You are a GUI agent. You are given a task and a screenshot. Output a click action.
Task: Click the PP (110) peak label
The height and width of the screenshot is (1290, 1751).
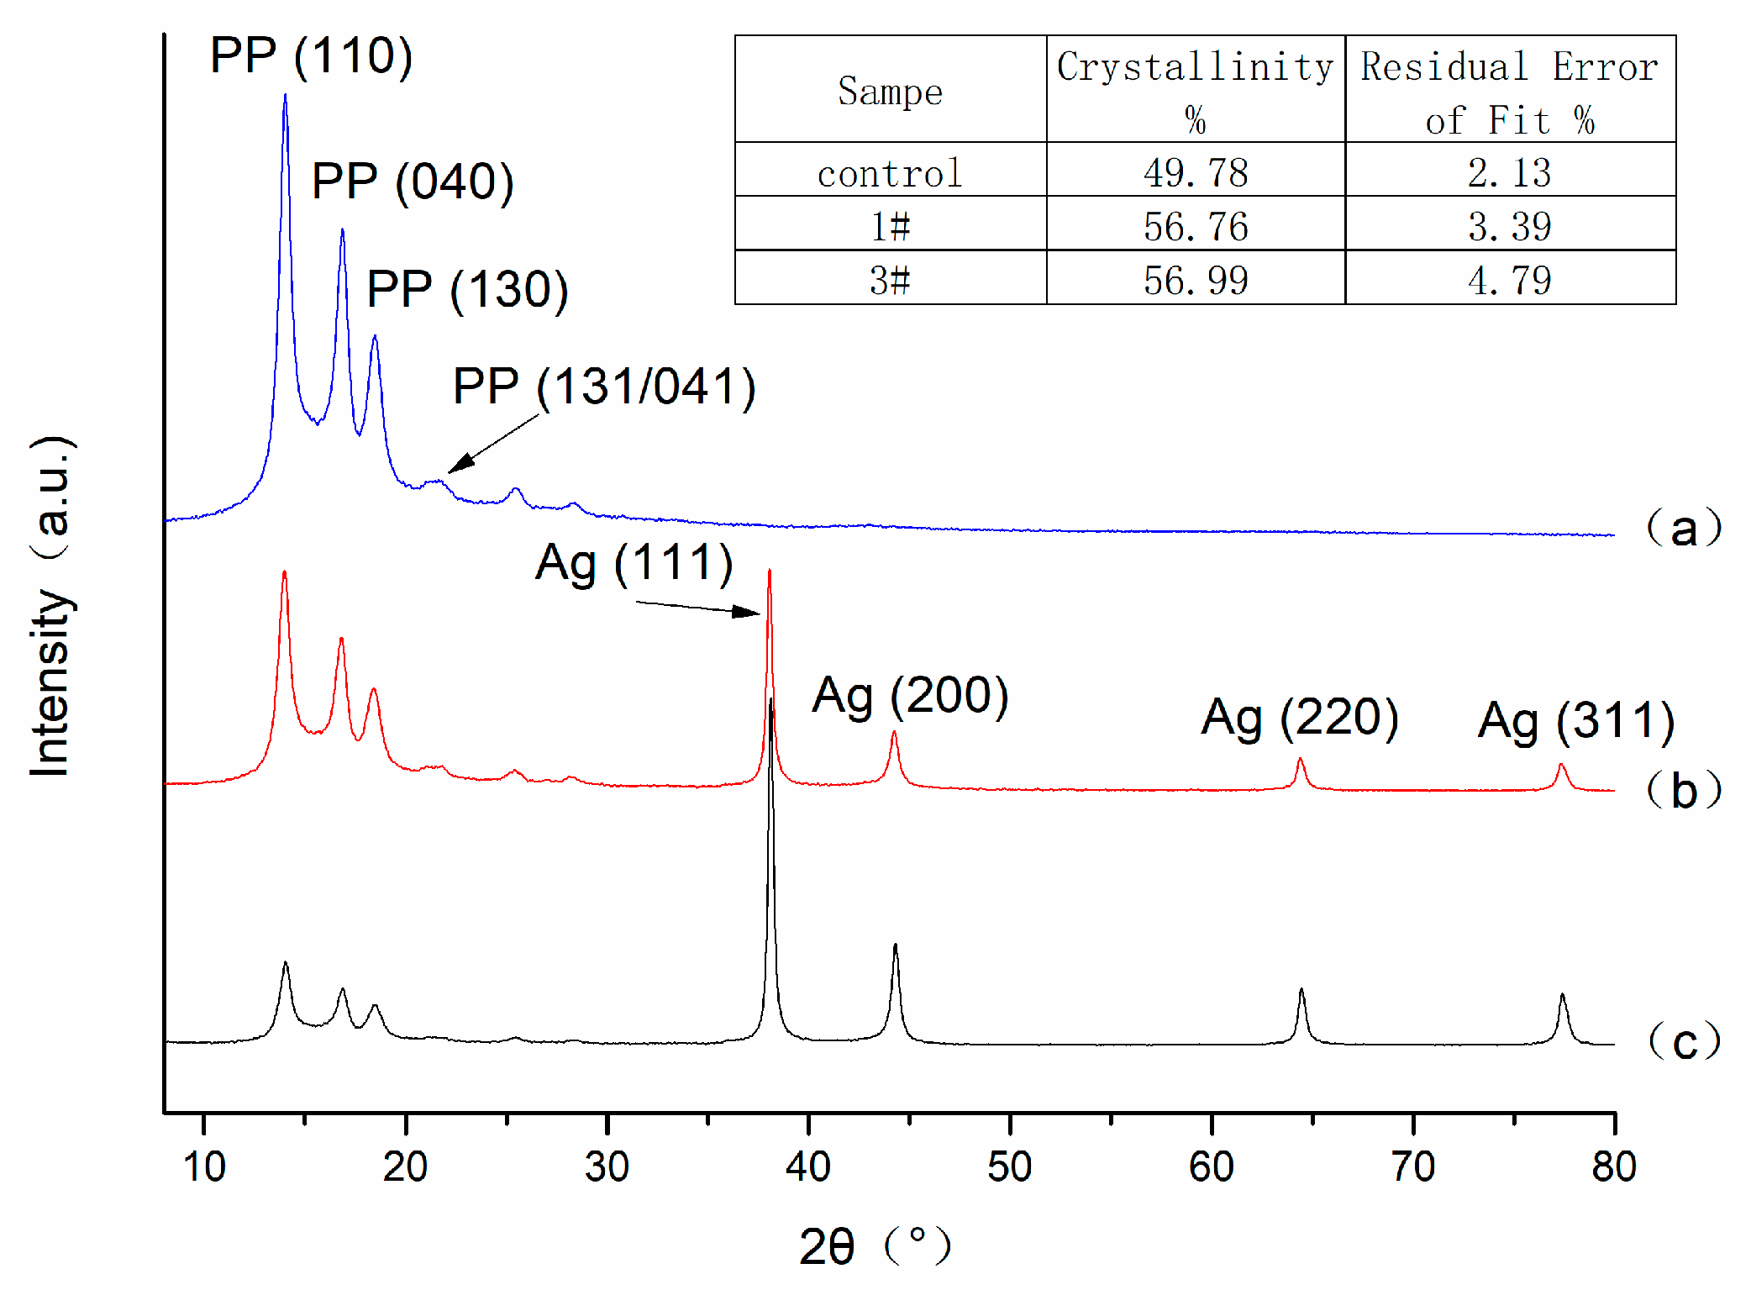pyautogui.click(x=311, y=56)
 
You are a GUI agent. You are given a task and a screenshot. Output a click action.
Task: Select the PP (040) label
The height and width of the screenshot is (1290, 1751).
pyautogui.click(x=412, y=182)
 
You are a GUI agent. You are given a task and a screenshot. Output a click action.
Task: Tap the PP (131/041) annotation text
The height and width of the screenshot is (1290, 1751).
pyautogui.click(x=603, y=387)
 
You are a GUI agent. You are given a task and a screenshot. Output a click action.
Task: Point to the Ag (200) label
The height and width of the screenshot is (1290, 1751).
pyautogui.click(x=910, y=696)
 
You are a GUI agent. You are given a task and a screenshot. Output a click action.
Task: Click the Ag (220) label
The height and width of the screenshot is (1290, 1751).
pyautogui.click(x=1299, y=718)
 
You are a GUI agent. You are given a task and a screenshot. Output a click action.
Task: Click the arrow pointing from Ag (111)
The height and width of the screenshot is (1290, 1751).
pyautogui.click(x=697, y=608)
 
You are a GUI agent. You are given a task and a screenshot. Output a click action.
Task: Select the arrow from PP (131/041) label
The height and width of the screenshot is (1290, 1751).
pyautogui.click(x=493, y=443)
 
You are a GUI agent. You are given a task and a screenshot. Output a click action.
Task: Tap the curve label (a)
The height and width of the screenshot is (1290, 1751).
pyautogui.click(x=1683, y=529)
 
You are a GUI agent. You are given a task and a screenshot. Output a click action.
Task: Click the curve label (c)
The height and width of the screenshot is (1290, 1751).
pyautogui.click(x=1684, y=1041)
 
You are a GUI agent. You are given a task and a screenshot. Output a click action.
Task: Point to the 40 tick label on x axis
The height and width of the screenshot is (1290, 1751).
pyautogui.click(x=807, y=1166)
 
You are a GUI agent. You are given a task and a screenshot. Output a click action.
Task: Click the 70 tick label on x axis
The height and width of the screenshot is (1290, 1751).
pyautogui.click(x=1412, y=1166)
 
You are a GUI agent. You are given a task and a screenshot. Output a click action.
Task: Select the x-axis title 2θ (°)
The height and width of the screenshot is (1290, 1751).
pyautogui.click(x=874, y=1245)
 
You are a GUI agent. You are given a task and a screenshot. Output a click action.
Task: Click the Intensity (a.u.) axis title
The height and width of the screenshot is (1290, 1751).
pyautogui.click(x=52, y=605)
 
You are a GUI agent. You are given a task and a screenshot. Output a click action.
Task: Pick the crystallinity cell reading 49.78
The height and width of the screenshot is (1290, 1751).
pyautogui.click(x=1195, y=172)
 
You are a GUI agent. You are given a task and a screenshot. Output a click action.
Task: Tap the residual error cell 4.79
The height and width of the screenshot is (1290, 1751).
pyautogui.click(x=1509, y=280)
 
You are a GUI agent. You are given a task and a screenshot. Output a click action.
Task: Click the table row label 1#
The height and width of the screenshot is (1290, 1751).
pyautogui.click(x=890, y=226)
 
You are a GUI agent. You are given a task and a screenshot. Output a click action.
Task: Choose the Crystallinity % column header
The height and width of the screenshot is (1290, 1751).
pyautogui.click(x=1195, y=89)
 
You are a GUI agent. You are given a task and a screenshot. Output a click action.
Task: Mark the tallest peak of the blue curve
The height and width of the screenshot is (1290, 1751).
pyautogui.click(x=286, y=97)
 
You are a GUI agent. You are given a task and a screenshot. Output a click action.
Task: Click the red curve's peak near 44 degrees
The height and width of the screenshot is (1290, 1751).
pyautogui.click(x=894, y=734)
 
